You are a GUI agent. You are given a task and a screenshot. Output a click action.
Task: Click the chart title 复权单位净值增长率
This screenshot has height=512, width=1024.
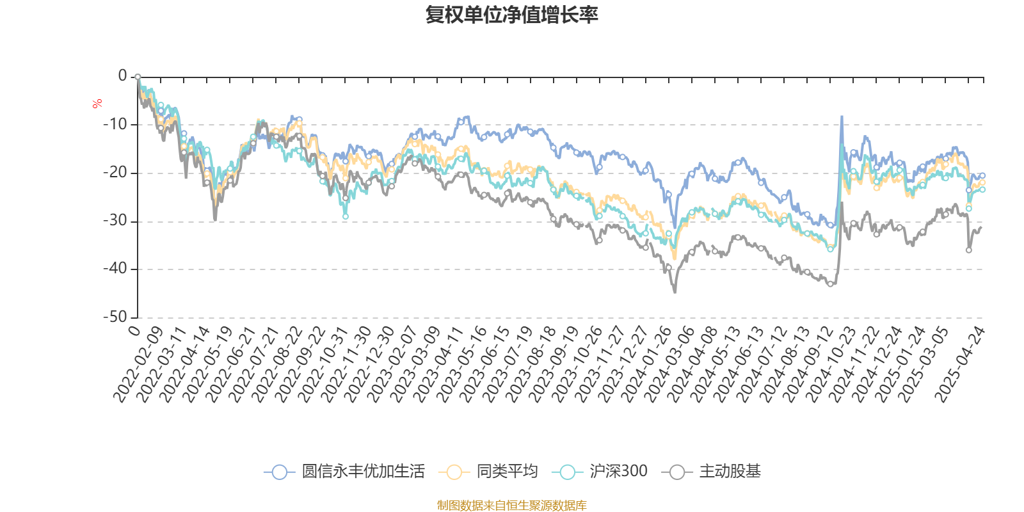point(511,15)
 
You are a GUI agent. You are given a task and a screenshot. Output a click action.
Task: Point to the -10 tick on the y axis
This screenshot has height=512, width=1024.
point(115,124)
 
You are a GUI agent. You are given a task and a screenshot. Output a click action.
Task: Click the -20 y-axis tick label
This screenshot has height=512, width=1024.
point(115,173)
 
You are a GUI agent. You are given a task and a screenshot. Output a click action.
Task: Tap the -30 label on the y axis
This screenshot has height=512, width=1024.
point(115,221)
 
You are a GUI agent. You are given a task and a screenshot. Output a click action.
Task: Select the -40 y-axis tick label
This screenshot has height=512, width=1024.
point(115,269)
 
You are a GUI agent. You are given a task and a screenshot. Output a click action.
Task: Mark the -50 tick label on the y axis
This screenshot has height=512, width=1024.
point(115,317)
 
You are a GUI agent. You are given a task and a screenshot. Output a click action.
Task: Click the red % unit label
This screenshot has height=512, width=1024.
point(97,104)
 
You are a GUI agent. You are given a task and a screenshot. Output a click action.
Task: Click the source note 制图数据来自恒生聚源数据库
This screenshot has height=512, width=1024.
point(511,506)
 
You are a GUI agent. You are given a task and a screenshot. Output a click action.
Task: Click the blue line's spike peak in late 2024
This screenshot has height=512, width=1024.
point(842,116)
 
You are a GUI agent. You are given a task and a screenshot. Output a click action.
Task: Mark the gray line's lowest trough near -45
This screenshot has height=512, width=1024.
point(675,292)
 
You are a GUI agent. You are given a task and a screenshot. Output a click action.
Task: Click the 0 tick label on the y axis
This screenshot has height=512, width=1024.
point(123,76)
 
